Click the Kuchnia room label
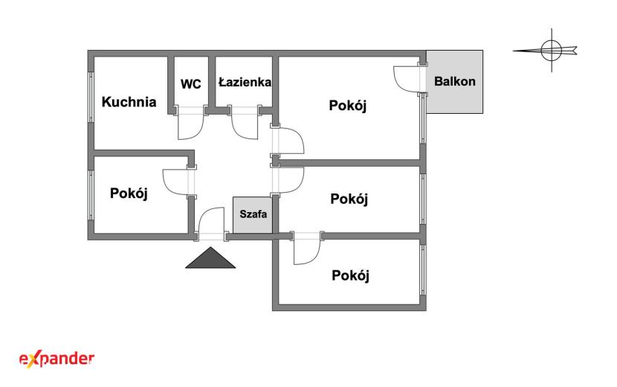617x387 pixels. pyautogui.click(x=129, y=102)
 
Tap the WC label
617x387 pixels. pyautogui.click(x=191, y=84)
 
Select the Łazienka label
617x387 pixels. pyautogui.click(x=245, y=82)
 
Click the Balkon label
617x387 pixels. pyautogui.click(x=454, y=82)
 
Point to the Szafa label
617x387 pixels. pyautogui.click(x=253, y=214)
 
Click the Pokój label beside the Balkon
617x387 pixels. pyautogui.click(x=348, y=106)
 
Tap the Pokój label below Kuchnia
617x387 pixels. pyautogui.click(x=129, y=194)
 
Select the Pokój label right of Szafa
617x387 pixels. pyautogui.click(x=349, y=199)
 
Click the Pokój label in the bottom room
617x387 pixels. pyautogui.click(x=350, y=275)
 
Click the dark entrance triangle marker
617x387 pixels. pyautogui.click(x=210, y=260)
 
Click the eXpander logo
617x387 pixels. pyautogui.click(x=56, y=359)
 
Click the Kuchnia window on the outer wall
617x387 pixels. pyautogui.click(x=91, y=97)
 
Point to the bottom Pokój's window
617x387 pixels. pyautogui.click(x=423, y=270)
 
